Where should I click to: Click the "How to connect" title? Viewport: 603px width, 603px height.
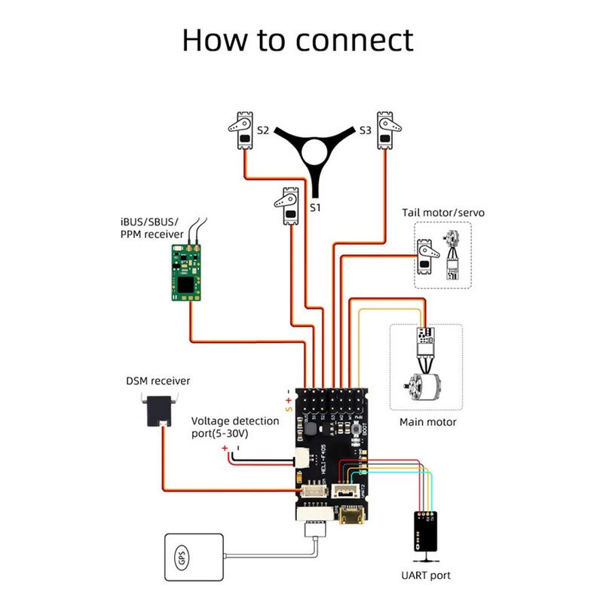coord(298,39)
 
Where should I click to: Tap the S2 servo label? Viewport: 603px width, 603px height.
coord(262,130)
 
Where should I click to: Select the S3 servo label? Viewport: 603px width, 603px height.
coord(365,130)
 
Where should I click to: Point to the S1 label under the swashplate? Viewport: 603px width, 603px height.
coord(317,206)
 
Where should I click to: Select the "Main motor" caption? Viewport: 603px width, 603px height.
coord(427,422)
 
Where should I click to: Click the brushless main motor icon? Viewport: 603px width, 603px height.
coord(418,389)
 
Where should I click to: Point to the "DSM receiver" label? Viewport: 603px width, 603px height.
coord(158,381)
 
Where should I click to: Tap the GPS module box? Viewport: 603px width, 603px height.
coord(192,559)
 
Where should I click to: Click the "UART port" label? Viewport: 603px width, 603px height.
coord(427,575)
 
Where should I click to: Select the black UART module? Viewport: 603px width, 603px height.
coord(426,532)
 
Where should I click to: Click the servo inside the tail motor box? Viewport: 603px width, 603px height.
coord(426,257)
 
